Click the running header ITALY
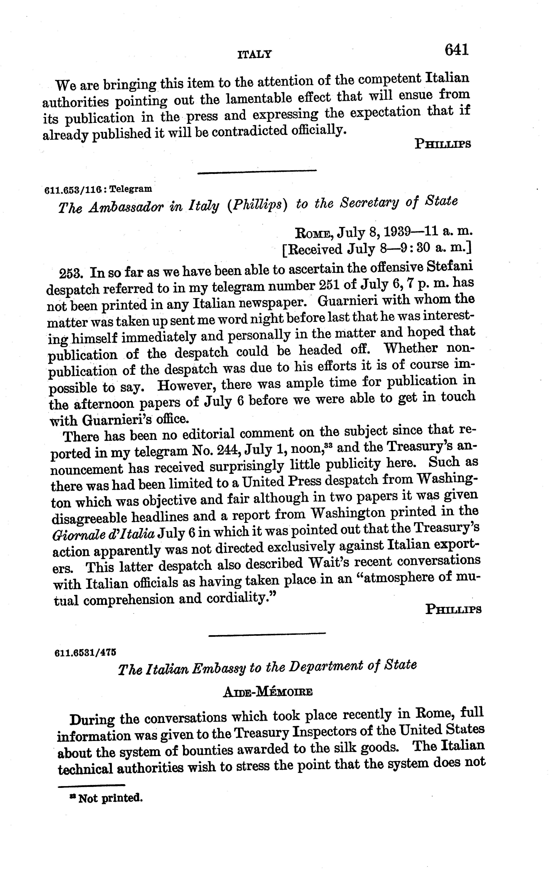254,55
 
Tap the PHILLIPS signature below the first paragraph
443,144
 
